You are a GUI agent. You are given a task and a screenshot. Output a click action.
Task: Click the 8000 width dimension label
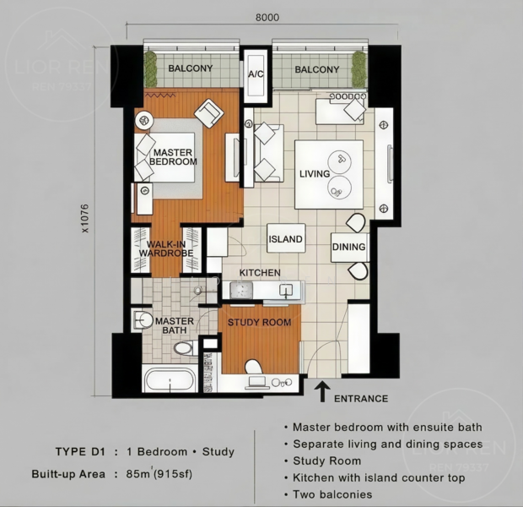coord(267,18)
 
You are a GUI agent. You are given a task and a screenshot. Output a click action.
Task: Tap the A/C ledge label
coord(256,74)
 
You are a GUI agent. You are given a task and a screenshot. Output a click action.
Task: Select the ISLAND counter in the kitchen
coord(286,238)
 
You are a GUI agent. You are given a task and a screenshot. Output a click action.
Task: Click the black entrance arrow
coord(322,392)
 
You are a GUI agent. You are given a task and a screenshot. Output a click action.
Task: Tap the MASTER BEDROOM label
coord(173,157)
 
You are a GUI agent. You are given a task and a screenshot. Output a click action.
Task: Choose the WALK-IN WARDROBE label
coord(166,248)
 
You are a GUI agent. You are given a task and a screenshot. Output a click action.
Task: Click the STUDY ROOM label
coord(260,322)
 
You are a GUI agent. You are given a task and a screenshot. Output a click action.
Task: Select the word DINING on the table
coord(349,247)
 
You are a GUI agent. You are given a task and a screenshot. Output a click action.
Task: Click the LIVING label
coord(315,174)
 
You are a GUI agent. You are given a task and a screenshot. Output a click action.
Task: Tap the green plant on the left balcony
coord(150,68)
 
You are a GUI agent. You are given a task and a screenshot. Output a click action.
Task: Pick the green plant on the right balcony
coord(359,68)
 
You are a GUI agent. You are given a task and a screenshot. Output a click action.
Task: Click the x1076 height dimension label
coord(85,218)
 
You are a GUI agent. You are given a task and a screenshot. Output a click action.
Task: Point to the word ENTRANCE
coord(361,398)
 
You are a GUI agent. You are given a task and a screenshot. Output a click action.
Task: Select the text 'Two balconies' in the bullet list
coord(332,494)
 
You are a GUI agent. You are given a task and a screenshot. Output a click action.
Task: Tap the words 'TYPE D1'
coord(80,452)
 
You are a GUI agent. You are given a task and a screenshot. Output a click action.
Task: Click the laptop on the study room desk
coord(257,383)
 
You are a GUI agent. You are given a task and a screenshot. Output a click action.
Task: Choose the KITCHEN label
coord(260,273)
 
